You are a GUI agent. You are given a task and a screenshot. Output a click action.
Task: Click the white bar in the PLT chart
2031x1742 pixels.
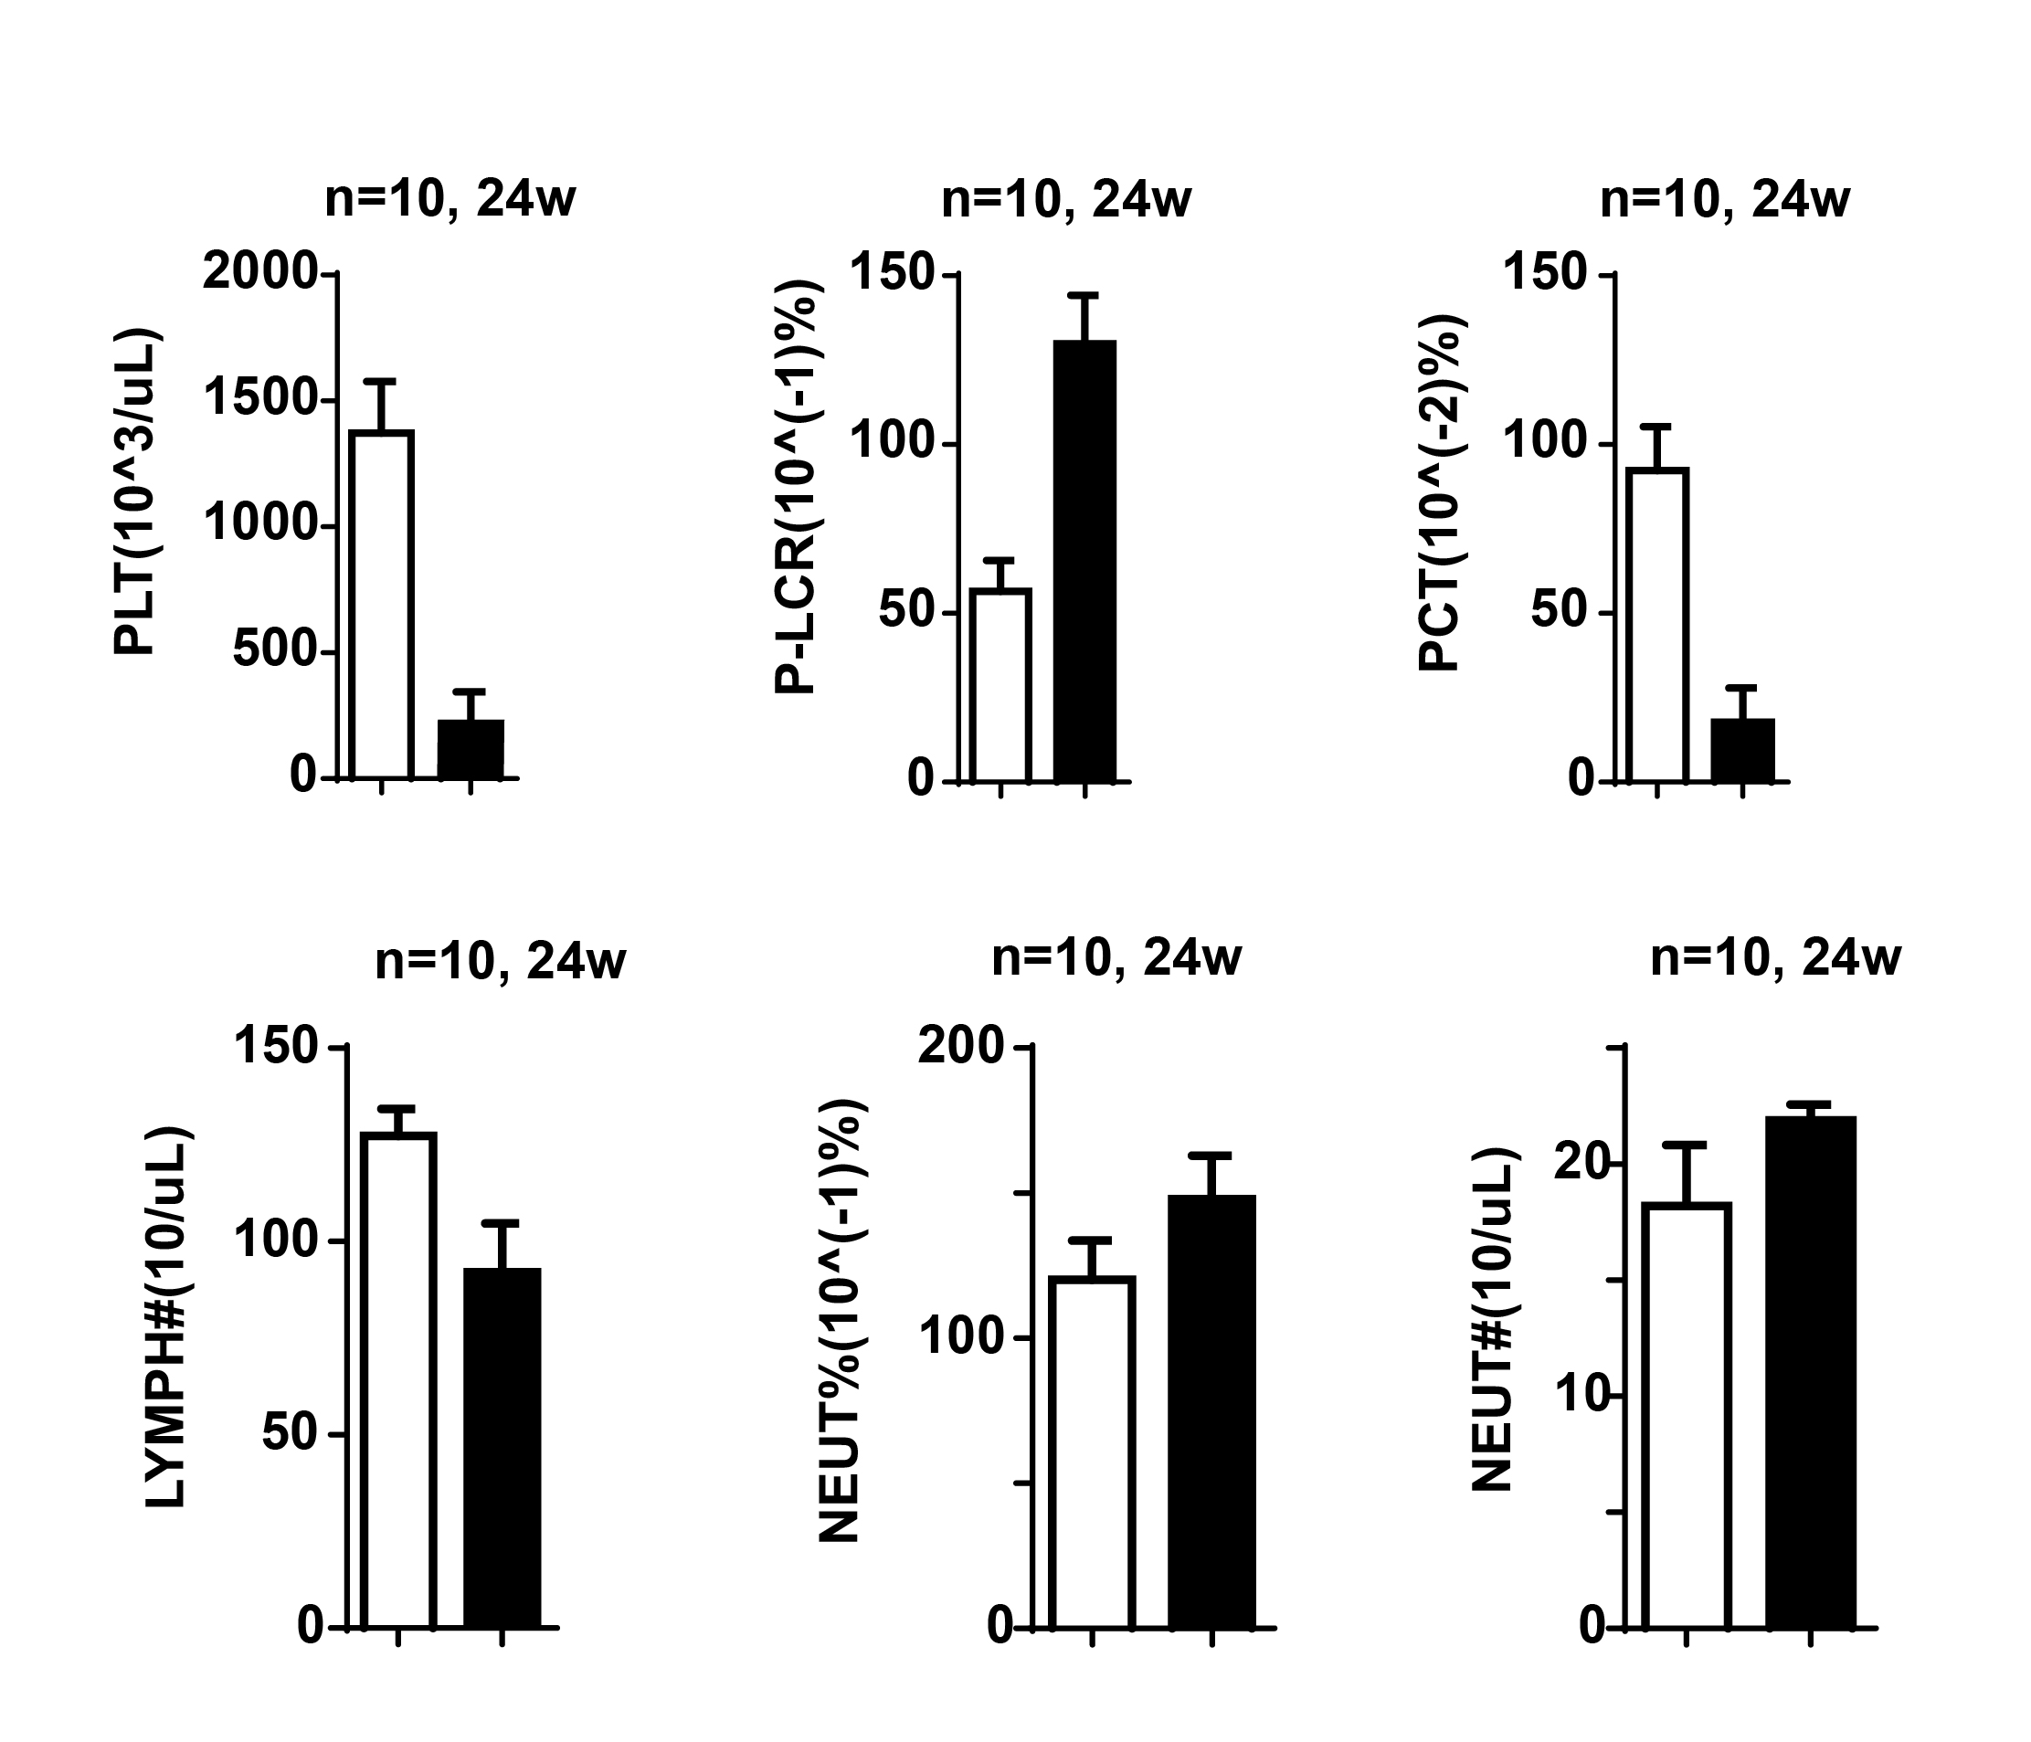382,605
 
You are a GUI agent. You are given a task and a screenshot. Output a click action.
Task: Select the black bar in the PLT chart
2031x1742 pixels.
471,750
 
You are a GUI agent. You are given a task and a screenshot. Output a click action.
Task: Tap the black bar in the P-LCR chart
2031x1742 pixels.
1085,561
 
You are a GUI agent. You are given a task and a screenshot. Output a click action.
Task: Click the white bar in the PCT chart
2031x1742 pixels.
1656,625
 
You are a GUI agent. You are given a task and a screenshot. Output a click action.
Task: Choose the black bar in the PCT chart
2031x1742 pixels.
1743,750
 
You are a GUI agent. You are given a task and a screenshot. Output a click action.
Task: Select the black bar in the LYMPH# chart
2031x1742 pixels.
502,1448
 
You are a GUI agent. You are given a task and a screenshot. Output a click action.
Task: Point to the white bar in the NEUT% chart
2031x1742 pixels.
1092,1452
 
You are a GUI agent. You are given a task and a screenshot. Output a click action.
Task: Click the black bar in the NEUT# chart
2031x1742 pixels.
1811,1372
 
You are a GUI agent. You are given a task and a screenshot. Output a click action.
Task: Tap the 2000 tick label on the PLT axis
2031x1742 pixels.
259,271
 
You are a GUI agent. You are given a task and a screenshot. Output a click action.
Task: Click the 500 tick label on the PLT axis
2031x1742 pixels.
274,652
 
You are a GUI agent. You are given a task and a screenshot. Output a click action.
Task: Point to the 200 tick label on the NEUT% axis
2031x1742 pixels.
960,1048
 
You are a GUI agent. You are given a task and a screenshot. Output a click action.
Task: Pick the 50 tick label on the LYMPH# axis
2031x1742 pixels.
291,1434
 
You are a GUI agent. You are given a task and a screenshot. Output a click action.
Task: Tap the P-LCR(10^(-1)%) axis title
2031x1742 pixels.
796,485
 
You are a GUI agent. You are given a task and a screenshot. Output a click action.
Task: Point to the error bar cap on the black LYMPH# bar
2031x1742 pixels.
502,1222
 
